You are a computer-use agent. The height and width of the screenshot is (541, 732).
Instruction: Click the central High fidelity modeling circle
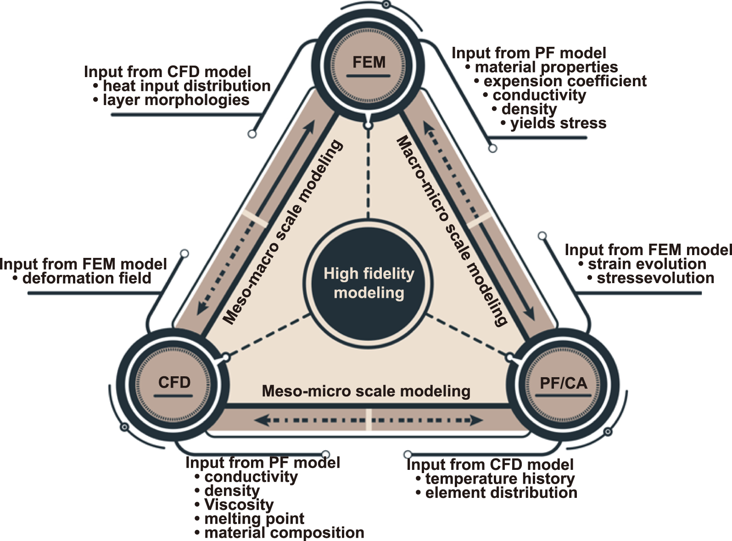[369, 283]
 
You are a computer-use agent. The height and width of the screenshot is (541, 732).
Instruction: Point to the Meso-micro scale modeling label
[366, 391]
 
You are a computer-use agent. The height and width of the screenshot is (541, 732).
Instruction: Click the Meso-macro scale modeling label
[282, 233]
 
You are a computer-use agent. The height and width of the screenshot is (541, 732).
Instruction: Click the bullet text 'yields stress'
[558, 123]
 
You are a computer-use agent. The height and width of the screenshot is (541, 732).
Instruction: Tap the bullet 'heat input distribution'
[186, 86]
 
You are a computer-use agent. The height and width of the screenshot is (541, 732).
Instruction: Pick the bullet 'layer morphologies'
[176, 100]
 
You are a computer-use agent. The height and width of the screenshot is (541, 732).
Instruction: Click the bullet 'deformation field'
[87, 278]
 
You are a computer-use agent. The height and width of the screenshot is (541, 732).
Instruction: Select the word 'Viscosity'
[239, 505]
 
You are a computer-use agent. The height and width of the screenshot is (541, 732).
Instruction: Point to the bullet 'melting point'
[254, 519]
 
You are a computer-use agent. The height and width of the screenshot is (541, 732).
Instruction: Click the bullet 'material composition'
[284, 533]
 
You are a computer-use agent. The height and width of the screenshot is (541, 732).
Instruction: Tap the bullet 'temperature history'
[500, 479]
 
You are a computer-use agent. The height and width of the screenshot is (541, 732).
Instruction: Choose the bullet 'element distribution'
[501, 493]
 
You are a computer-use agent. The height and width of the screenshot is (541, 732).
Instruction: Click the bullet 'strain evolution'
[647, 264]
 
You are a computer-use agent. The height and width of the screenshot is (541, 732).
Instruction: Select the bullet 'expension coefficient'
[565, 81]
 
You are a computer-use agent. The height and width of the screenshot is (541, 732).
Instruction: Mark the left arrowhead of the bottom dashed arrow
[261, 420]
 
